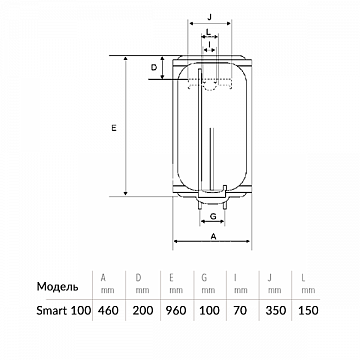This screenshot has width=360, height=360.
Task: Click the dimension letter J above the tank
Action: [209, 18]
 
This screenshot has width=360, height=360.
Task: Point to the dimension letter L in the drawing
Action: [208, 32]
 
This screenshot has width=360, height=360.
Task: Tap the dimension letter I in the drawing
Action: [209, 44]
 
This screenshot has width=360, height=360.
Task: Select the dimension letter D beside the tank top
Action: [154, 68]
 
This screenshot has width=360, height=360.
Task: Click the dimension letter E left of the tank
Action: [114, 128]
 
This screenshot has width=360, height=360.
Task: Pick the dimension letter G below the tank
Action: [213, 216]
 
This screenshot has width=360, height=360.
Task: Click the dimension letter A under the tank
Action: [214, 236]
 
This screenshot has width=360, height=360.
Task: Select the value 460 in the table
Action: [108, 311]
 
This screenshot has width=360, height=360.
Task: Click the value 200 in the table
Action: [143, 311]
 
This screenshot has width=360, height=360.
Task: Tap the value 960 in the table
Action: [176, 311]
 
